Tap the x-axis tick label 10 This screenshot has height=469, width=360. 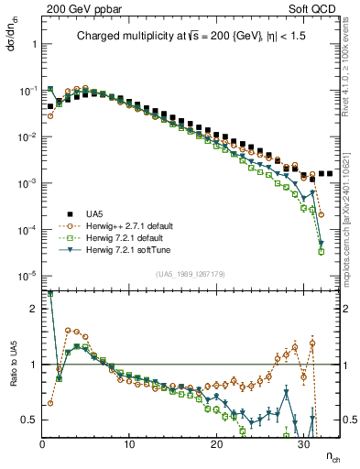(129, 444)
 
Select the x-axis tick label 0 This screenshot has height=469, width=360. (42, 444)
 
